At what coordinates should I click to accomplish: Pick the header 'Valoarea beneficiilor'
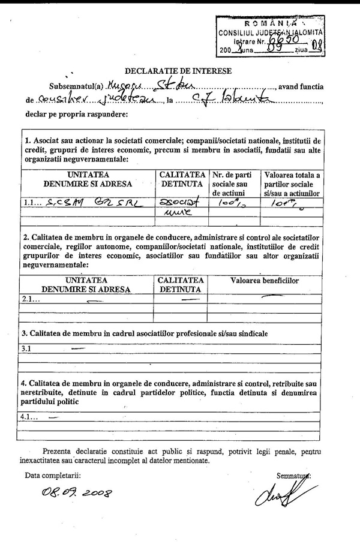[x=265, y=280]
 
